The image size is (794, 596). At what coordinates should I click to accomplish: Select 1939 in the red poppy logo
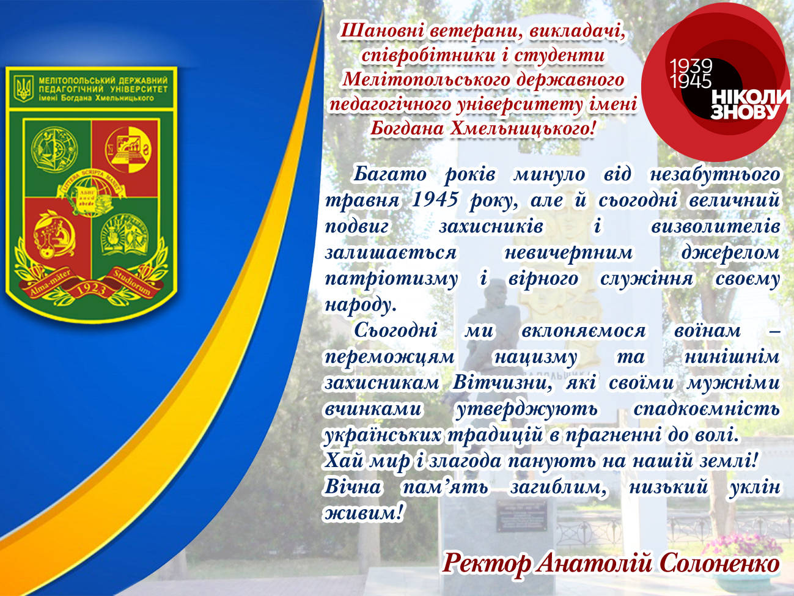(x=691, y=66)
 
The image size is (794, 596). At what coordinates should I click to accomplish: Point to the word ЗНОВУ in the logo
(x=745, y=112)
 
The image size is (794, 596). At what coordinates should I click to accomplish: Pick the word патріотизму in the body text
(x=391, y=279)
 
